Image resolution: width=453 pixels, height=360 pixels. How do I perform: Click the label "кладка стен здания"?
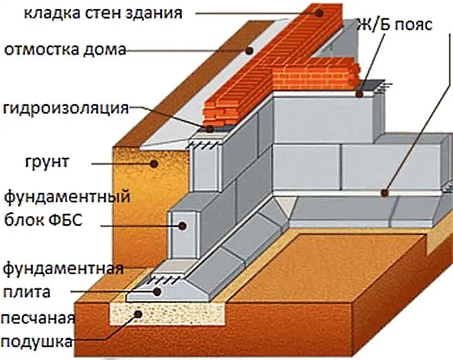[103, 12]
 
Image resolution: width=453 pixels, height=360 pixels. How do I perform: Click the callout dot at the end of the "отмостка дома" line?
[249, 51]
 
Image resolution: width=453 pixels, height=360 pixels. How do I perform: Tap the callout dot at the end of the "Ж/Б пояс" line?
[360, 94]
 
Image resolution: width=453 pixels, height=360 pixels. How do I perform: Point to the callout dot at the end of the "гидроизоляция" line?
[210, 128]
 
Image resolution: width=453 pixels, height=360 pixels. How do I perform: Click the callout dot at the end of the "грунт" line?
[155, 163]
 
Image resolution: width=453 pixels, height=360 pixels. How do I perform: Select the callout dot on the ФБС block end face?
[180, 225]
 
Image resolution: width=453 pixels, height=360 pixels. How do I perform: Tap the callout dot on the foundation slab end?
[157, 291]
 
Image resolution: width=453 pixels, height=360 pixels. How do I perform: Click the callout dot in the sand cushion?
[139, 314]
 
